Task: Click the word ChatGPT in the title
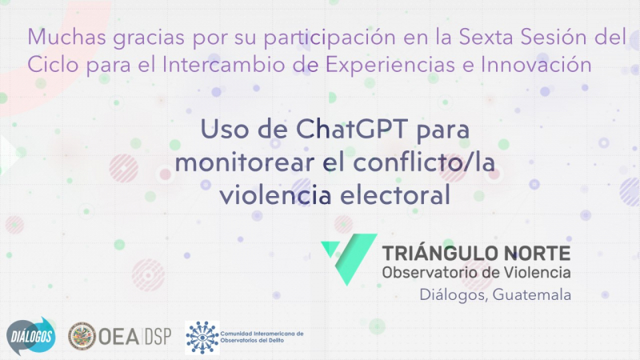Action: tap(351, 129)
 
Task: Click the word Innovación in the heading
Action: tap(536, 64)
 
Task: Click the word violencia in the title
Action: tap(275, 194)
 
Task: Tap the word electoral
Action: tap(394, 194)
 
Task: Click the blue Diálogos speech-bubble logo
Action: tap(30, 336)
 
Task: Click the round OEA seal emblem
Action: tap(82, 336)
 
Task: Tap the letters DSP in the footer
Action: tap(158, 337)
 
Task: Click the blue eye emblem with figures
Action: tap(202, 337)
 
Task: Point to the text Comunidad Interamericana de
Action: tap(262, 334)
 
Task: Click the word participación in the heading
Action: tap(330, 38)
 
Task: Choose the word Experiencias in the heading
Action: tap(390, 65)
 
